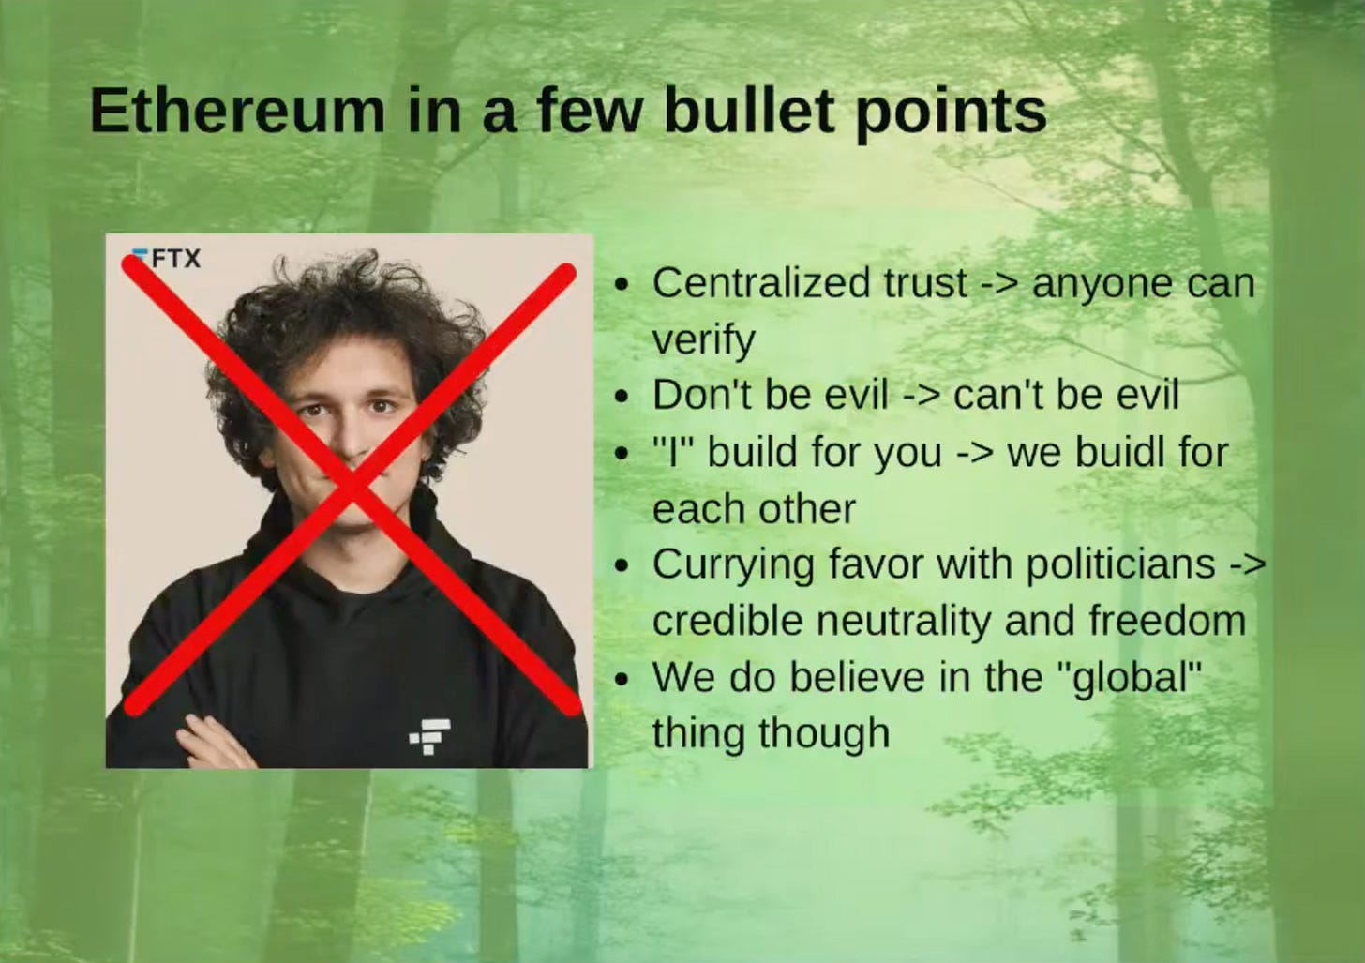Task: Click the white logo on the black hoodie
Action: (x=430, y=735)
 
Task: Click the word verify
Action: (x=703, y=339)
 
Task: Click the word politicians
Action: (x=1119, y=564)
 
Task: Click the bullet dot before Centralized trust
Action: (x=621, y=284)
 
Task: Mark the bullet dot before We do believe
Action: (x=621, y=679)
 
